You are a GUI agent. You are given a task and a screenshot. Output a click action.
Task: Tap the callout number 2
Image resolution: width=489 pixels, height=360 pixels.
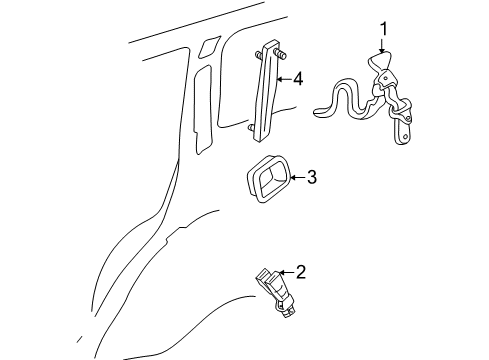(298, 270)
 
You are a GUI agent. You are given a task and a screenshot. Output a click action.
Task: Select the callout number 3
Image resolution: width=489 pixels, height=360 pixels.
(311, 178)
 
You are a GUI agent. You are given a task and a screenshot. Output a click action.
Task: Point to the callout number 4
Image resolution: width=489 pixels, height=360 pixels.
(297, 78)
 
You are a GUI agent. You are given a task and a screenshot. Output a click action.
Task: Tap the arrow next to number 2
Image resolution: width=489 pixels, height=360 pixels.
(284, 271)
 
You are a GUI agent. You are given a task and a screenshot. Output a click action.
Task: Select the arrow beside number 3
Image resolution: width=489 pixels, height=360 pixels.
(295, 179)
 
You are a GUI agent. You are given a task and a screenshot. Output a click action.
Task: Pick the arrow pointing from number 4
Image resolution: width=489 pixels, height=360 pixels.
(282, 78)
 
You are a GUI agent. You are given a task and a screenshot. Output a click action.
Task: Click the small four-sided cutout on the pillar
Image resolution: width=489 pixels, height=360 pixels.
(209, 46)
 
